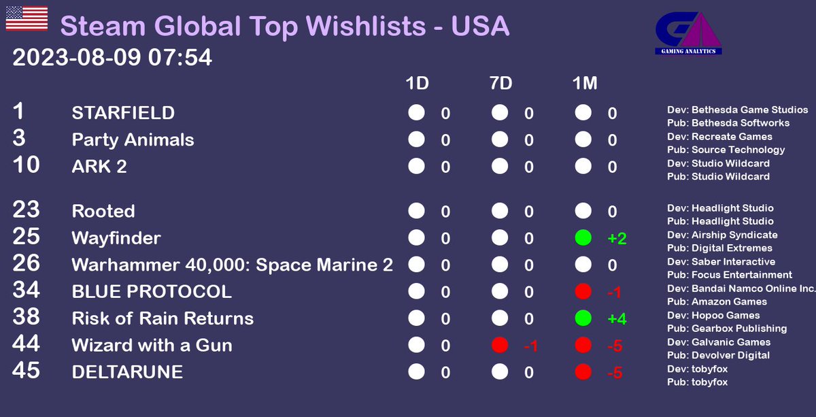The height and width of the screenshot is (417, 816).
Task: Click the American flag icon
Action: click(x=27, y=18)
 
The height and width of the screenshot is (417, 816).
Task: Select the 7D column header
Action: click(x=500, y=84)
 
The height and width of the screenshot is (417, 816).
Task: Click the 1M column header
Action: click(x=584, y=84)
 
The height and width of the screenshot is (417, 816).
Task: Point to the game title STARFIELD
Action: click(x=123, y=113)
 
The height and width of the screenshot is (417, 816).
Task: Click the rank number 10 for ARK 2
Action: click(x=26, y=165)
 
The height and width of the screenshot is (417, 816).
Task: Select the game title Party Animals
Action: click(x=133, y=140)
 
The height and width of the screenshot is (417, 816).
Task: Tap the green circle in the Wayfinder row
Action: click(x=583, y=238)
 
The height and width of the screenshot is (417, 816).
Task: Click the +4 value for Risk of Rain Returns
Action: click(x=616, y=319)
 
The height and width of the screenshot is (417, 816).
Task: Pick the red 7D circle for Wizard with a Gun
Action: click(x=500, y=346)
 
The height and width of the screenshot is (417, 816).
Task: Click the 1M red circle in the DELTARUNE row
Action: click(x=583, y=372)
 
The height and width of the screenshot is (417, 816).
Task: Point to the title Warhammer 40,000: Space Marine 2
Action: click(x=232, y=265)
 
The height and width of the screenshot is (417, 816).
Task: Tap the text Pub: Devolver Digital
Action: click(x=718, y=355)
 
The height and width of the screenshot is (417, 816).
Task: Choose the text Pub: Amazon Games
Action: click(x=717, y=301)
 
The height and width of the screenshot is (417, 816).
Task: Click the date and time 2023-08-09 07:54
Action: click(x=112, y=58)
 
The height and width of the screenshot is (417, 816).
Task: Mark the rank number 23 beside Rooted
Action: click(x=26, y=210)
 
